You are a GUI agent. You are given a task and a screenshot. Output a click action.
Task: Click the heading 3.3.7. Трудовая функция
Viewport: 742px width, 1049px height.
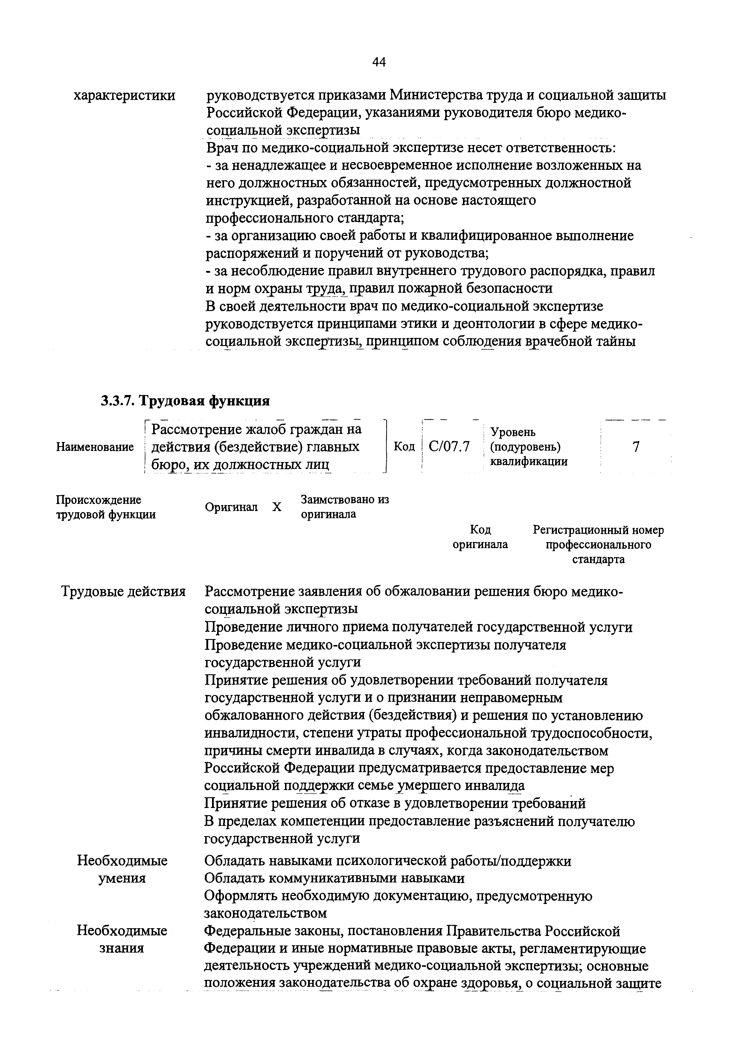click(x=185, y=401)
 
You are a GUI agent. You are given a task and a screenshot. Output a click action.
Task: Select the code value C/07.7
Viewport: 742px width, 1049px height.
click(x=449, y=446)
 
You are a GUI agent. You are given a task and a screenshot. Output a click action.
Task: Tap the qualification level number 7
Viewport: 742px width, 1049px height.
click(x=636, y=446)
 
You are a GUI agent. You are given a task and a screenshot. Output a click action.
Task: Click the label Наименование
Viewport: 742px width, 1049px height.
click(x=95, y=447)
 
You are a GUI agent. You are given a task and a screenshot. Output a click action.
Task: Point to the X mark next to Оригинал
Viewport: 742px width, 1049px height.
click(x=276, y=507)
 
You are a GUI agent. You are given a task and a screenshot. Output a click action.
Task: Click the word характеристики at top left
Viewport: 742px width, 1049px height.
click(x=124, y=95)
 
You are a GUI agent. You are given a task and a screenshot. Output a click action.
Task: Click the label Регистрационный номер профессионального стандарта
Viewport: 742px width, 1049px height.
click(x=598, y=544)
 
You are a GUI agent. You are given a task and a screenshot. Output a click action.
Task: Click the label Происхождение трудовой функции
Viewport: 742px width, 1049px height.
click(x=106, y=507)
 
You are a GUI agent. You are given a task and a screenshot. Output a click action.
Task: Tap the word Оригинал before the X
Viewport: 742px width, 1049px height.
click(x=231, y=507)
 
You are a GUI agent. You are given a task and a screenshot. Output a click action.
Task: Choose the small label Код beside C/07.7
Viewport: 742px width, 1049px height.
click(x=403, y=446)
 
